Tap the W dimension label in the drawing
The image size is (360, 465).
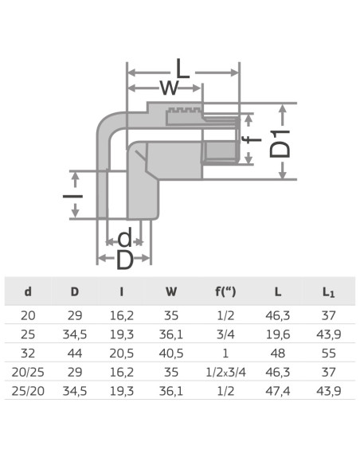coord(169,87)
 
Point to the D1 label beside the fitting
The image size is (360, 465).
coord(281,142)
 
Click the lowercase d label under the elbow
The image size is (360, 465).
coord(124,237)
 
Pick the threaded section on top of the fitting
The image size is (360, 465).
coord(184,111)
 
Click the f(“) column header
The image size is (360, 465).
coord(224,292)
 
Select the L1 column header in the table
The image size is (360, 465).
coord(328,292)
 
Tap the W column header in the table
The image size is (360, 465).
coord(171,292)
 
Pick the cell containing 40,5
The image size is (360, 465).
coord(171,353)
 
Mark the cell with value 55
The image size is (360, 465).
coord(328,353)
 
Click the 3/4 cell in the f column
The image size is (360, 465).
coord(224,334)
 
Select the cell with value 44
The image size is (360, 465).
coord(74,353)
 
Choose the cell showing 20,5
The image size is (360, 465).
coord(121,353)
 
